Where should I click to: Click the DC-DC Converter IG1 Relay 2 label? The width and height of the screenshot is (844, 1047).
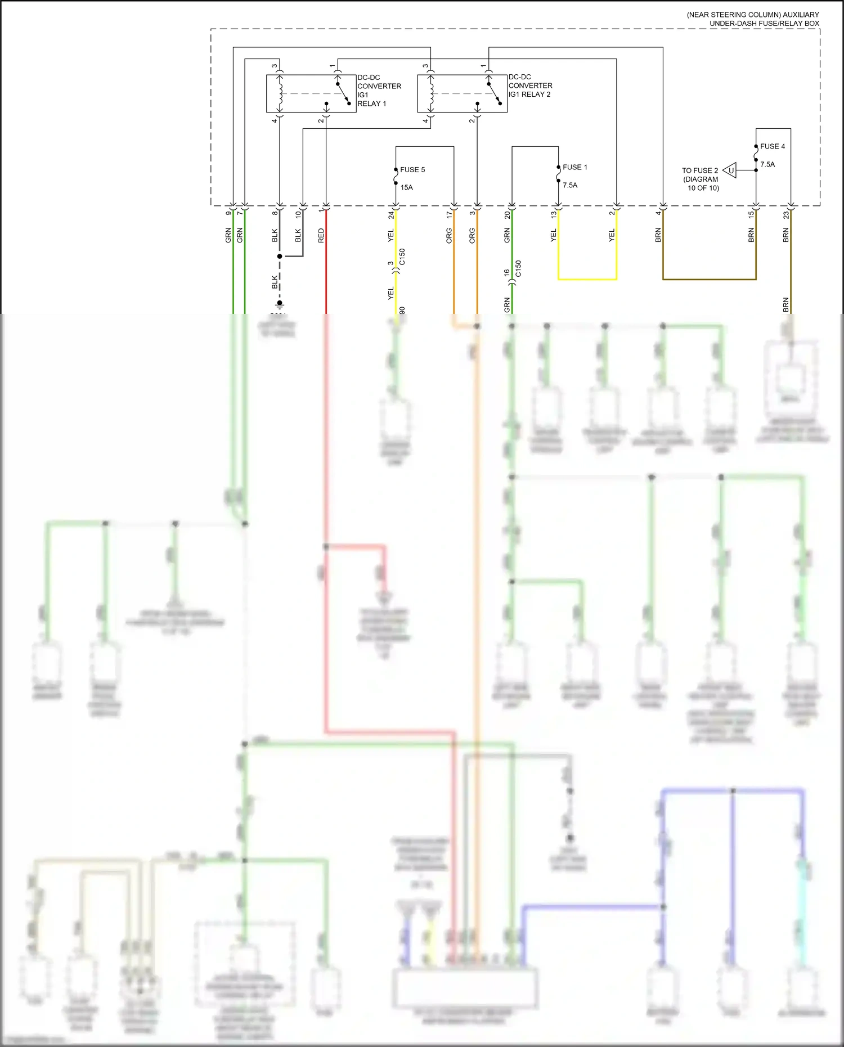[529, 86]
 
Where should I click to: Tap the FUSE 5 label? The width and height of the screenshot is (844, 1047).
[412, 169]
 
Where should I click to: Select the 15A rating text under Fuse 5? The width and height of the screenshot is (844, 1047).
[406, 187]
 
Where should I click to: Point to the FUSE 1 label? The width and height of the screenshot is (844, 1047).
[574, 167]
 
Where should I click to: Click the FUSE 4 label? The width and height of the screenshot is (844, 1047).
[772, 146]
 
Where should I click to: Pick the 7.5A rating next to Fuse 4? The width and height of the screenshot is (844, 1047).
[767, 164]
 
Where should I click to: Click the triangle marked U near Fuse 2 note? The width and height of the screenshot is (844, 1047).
[730, 170]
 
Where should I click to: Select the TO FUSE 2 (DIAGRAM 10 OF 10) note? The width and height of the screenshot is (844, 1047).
[701, 179]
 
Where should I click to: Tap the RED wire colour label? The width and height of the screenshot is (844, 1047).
[321, 235]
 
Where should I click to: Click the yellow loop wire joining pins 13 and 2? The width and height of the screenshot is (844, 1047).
[587, 279]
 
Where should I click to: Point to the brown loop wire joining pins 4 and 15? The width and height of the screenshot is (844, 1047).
[709, 279]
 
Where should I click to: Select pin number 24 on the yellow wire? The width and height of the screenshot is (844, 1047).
[391, 214]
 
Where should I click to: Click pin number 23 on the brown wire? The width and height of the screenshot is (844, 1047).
[786, 214]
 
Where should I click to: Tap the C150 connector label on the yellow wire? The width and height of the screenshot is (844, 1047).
[402, 257]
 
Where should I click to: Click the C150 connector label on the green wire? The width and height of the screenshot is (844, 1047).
[518, 268]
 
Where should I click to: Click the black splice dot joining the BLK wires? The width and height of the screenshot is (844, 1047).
[280, 257]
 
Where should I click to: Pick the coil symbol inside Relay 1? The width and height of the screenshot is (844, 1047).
[280, 93]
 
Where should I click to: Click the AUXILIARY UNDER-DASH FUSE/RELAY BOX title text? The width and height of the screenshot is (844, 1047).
[753, 19]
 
